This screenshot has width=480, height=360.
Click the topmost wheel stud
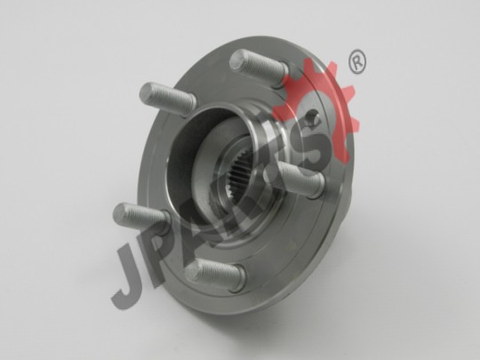point(258,68)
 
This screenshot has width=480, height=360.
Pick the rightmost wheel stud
point(298,178)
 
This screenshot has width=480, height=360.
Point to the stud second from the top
point(167,99)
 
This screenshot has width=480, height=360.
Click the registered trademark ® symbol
point(357,62)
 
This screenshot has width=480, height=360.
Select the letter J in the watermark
point(129,276)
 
